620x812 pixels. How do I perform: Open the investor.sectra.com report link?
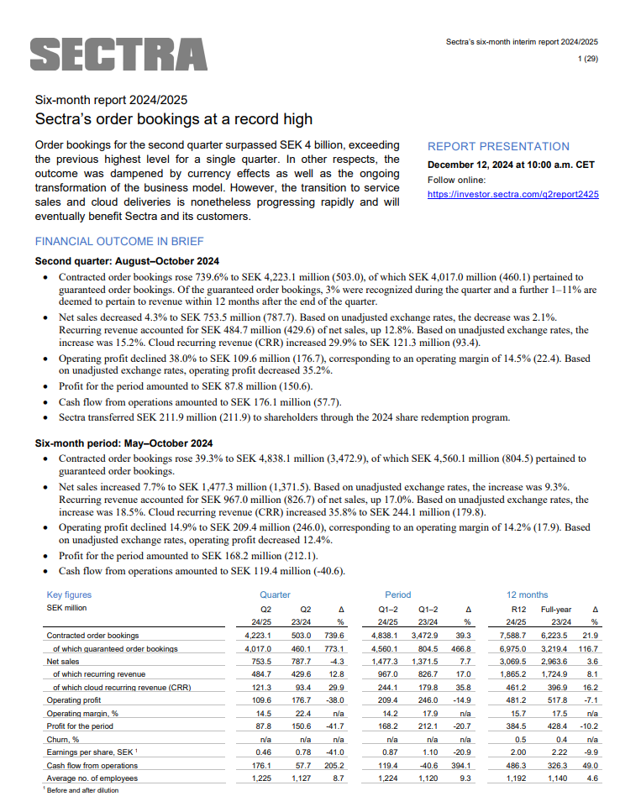coord(512,193)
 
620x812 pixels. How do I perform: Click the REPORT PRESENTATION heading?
coord(498,146)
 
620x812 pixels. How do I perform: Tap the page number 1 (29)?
coord(587,57)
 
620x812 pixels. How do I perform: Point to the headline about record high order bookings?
coord(173,119)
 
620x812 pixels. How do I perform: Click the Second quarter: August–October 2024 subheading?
coord(127,260)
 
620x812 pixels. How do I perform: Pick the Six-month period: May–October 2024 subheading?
coord(123,443)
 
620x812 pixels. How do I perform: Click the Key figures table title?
coord(69,595)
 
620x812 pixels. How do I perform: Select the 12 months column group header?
coord(527,595)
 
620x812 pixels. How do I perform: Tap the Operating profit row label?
coord(74,699)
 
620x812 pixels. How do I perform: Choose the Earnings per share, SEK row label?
coord(89,752)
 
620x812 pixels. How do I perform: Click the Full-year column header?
coord(557,609)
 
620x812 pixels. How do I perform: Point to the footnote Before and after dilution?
coord(84,790)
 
